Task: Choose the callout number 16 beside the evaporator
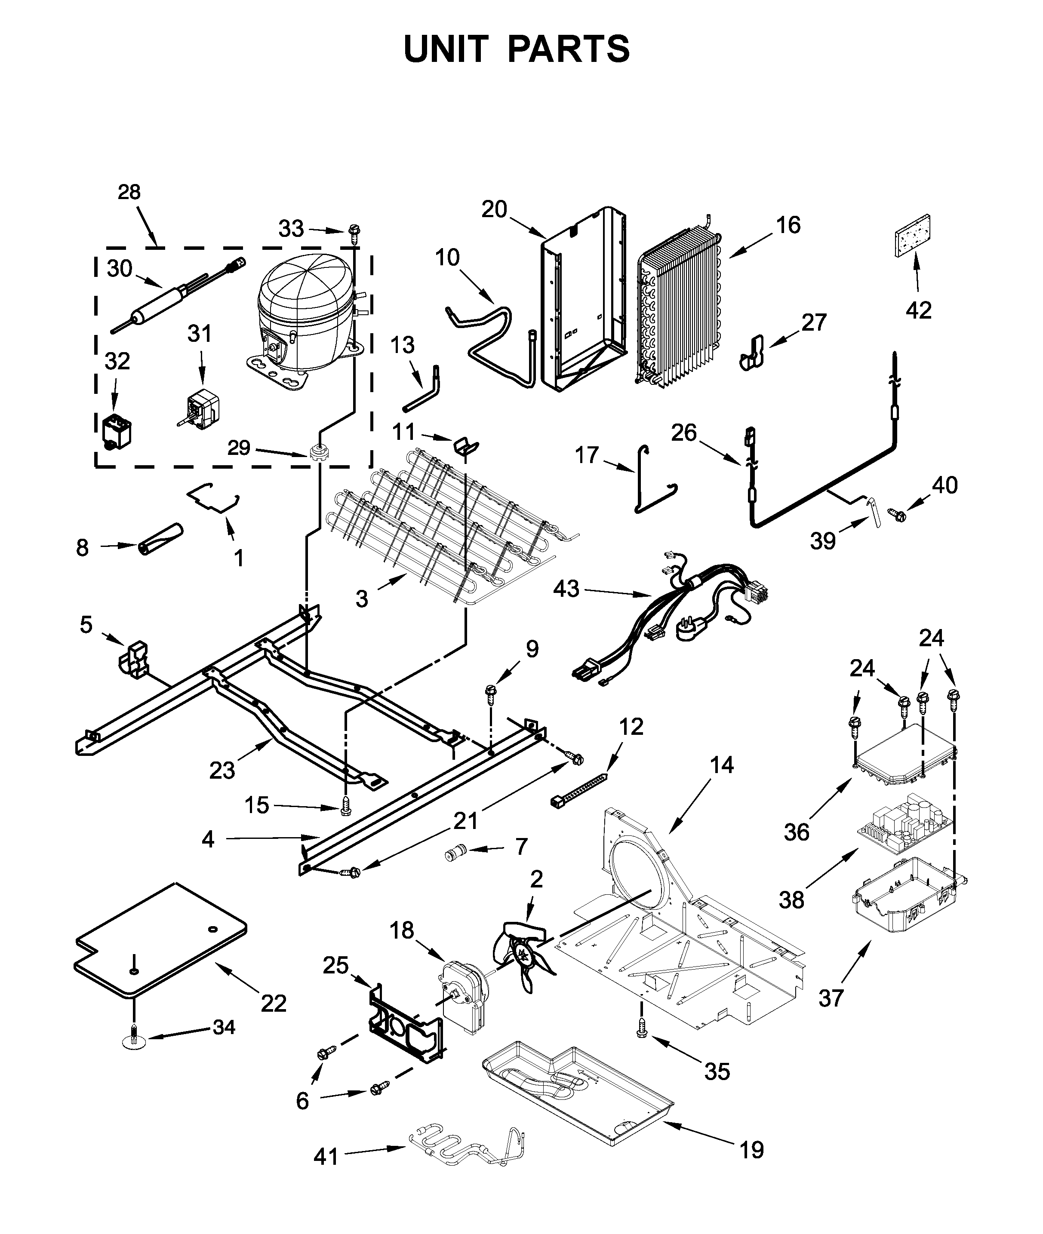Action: click(788, 225)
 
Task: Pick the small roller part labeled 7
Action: click(456, 853)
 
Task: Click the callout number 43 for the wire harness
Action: click(566, 589)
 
